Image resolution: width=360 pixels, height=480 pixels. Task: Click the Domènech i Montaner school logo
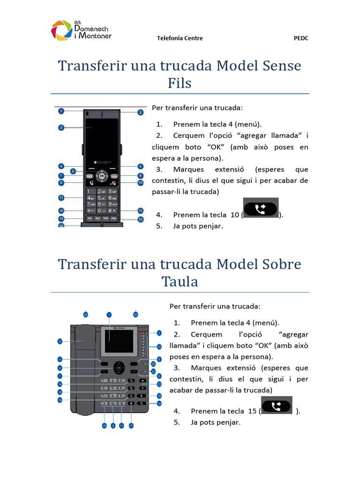[x=81, y=30]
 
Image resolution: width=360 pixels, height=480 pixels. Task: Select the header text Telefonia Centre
[x=180, y=38]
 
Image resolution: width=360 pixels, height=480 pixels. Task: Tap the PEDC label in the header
[x=300, y=38]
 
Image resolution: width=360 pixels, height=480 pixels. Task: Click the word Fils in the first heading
[x=180, y=83]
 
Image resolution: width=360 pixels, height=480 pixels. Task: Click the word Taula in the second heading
[x=180, y=282]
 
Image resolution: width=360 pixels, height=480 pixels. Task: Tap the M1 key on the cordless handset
[x=89, y=219]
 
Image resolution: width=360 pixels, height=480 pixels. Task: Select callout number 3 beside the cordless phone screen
[x=61, y=127]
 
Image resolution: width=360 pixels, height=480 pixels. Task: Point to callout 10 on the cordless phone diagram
[x=140, y=183]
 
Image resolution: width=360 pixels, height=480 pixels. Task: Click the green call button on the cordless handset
[x=90, y=176]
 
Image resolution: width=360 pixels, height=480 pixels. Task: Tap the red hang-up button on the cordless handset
[x=114, y=176]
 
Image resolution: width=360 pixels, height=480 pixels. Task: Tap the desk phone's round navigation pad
[x=119, y=367]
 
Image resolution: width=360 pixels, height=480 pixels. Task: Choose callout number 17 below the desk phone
[x=131, y=426]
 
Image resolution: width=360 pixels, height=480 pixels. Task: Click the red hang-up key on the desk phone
[x=135, y=372]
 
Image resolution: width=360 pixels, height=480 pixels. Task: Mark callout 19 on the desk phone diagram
[x=159, y=403]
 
